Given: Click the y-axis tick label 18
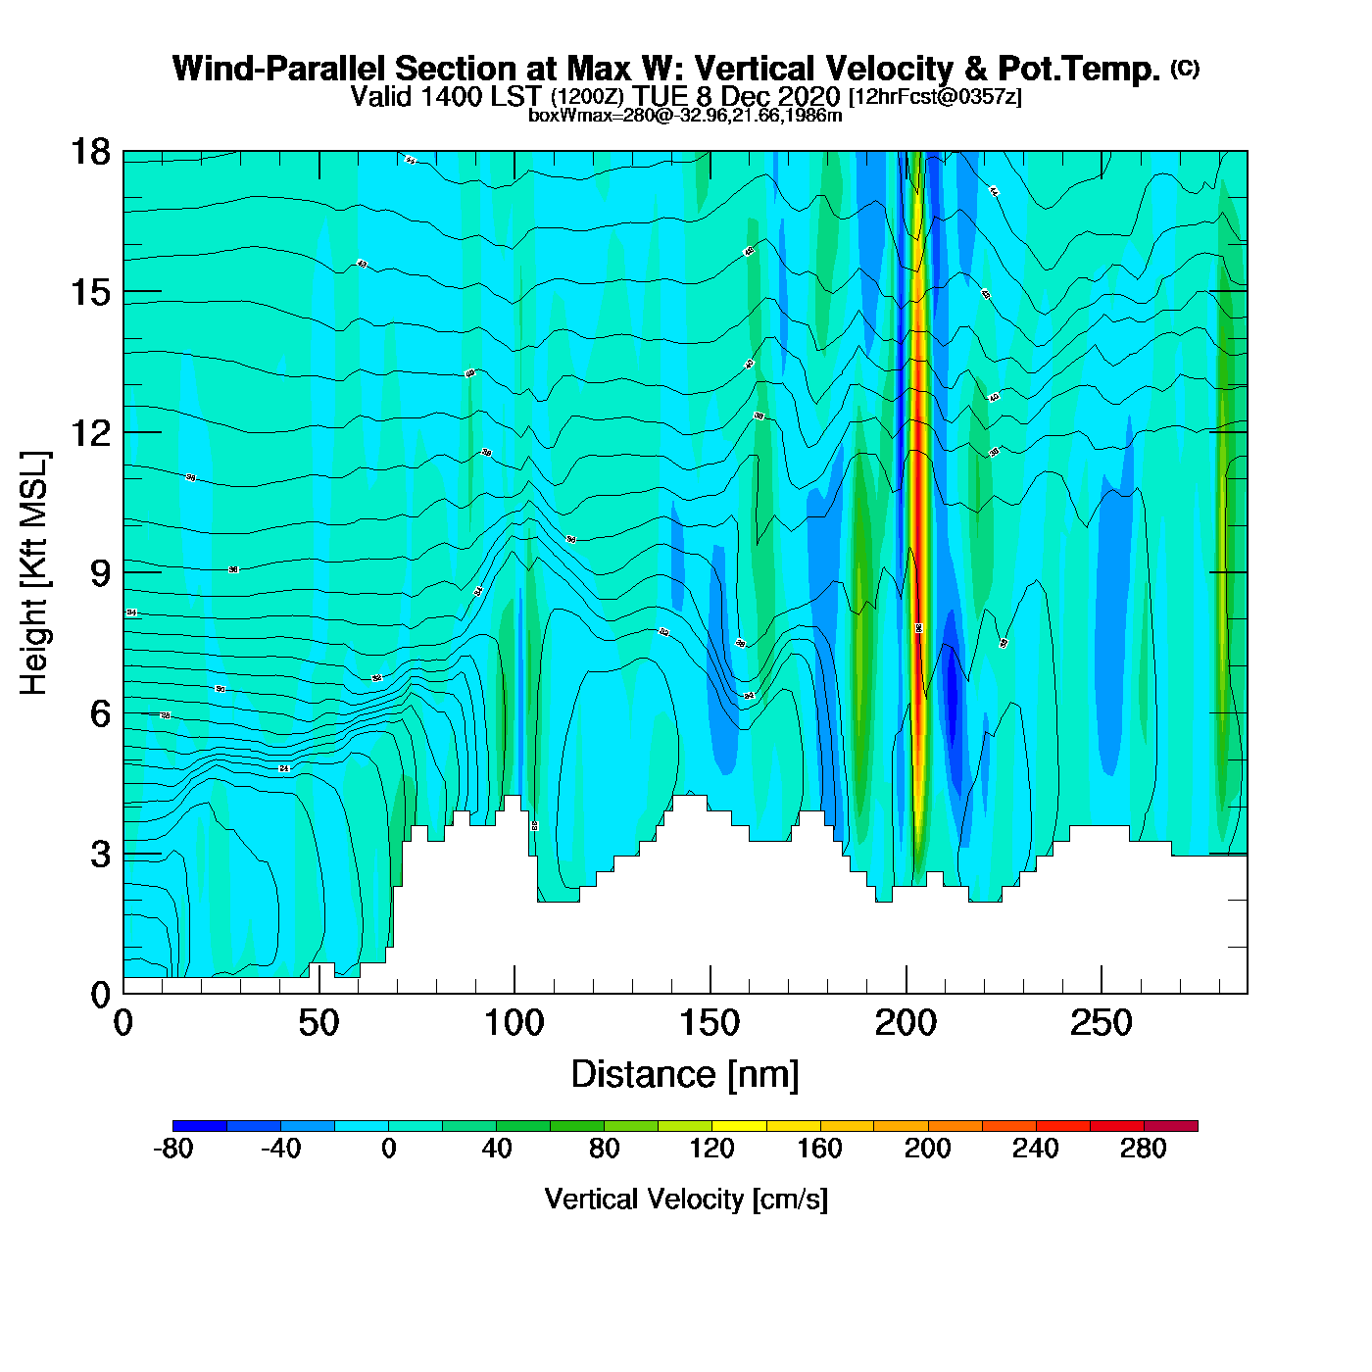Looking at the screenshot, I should point(89,152).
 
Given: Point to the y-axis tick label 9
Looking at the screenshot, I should point(100,573).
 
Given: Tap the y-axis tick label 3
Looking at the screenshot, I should point(100,855).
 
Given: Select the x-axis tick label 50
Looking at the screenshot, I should point(318,1024).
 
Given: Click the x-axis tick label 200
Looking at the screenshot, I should point(906,1024).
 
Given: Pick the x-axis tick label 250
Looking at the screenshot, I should point(1102,1024).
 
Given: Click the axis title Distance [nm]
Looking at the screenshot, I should point(685,1075).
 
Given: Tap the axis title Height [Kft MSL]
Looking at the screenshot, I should point(34,573).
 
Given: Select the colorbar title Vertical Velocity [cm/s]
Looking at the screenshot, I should point(686,1200).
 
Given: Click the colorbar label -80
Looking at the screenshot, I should point(172,1149).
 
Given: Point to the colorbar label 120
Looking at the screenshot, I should point(711,1149).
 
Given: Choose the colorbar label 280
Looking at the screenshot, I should point(1143,1149).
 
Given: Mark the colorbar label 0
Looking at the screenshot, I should point(388,1149).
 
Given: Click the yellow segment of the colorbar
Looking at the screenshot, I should point(739,1126).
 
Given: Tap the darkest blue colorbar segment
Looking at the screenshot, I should point(200,1126).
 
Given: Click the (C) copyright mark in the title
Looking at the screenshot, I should point(1185,68).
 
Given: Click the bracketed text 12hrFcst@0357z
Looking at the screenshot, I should point(935,97).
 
